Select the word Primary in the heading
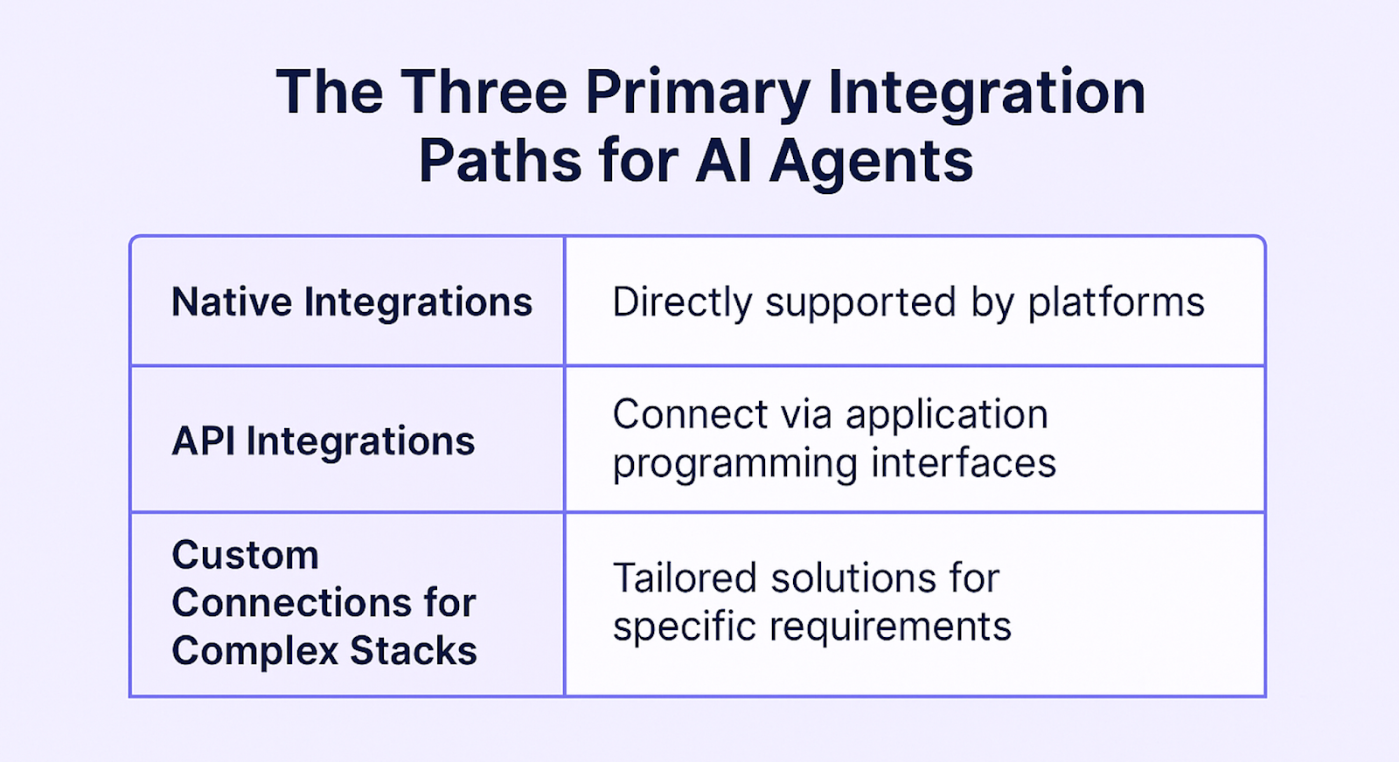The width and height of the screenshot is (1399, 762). (698, 94)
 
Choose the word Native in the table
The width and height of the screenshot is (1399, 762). (232, 302)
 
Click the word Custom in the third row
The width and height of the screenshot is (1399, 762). (245, 556)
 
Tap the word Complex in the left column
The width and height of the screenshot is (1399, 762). (254, 652)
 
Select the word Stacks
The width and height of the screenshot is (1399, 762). (414, 652)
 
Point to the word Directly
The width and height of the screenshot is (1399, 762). (682, 303)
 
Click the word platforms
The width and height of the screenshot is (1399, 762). (1116, 303)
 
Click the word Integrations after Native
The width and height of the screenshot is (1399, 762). (418, 302)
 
